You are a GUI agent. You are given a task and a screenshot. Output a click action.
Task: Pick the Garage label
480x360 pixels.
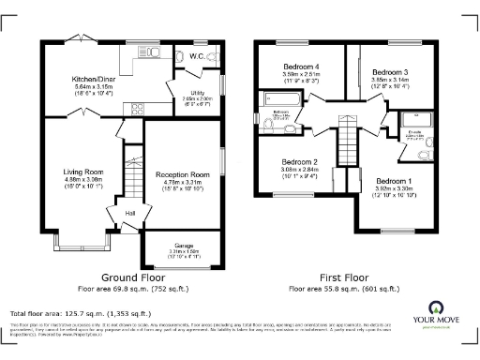click(182, 245)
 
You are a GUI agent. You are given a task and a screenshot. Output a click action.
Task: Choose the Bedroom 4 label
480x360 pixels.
click(304, 67)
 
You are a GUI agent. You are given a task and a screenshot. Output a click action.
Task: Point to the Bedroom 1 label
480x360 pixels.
click(393, 181)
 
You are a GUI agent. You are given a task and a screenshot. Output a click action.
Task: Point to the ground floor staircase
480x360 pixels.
click(131, 172)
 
